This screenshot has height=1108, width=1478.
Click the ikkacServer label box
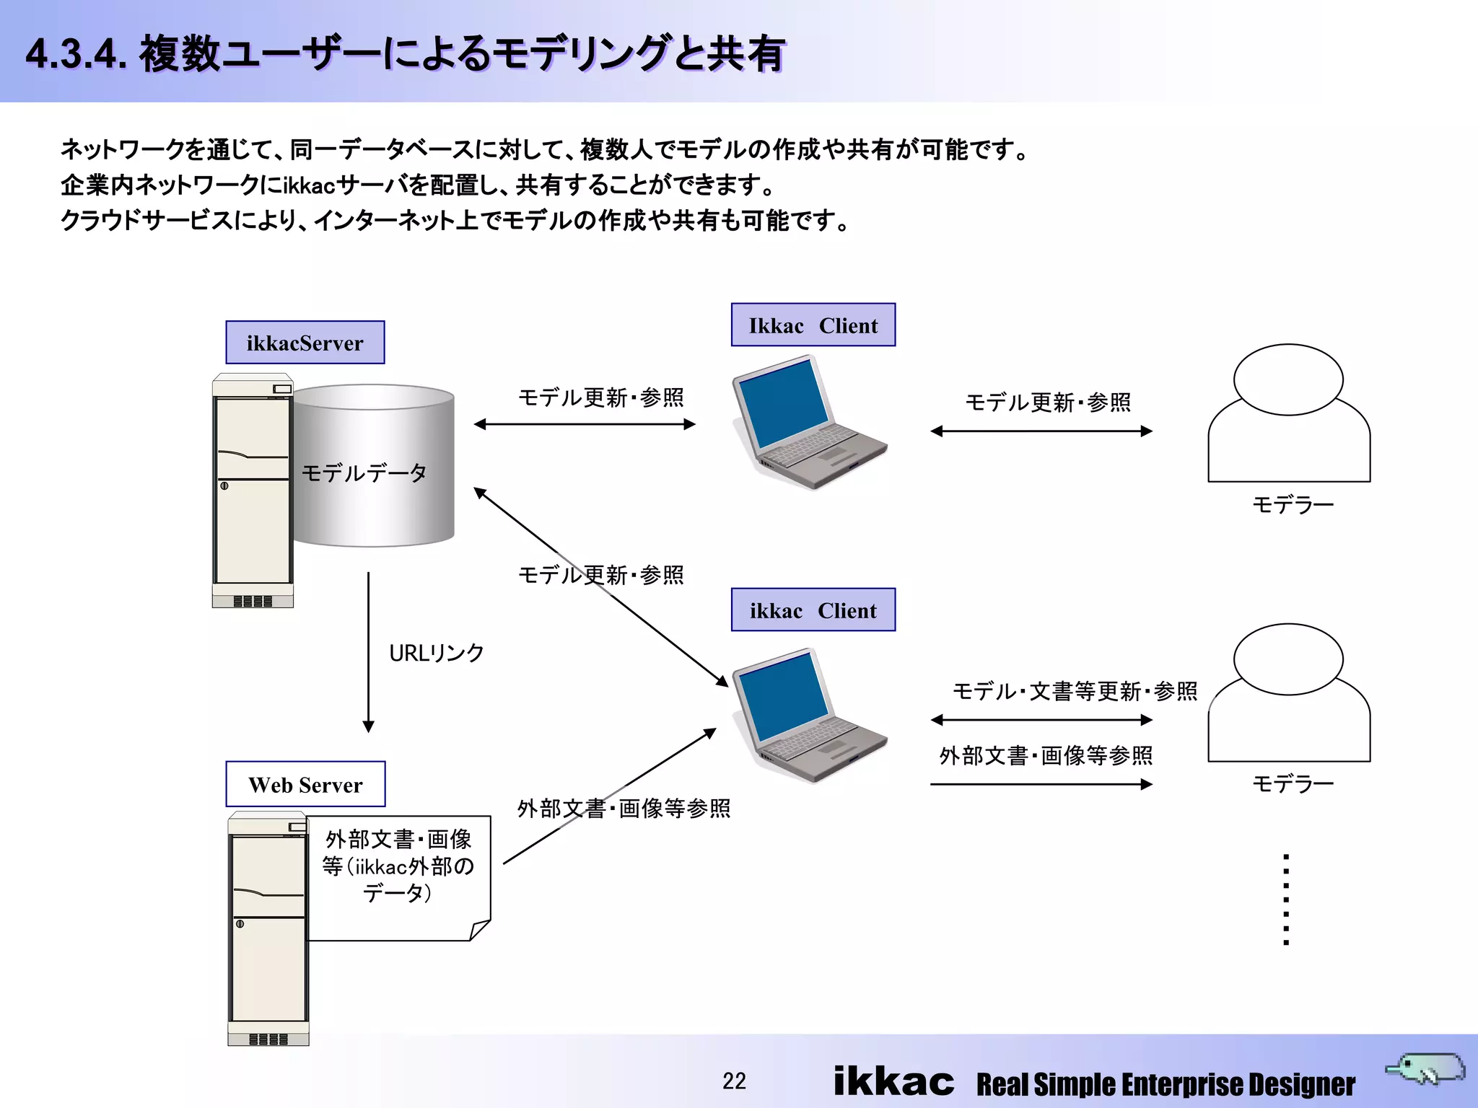pos(305,343)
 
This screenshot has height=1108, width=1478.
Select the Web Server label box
pos(305,784)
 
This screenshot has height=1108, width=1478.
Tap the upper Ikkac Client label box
pos(813,325)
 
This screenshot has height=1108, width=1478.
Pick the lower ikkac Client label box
pos(813,610)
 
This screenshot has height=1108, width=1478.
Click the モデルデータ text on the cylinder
pos(364,473)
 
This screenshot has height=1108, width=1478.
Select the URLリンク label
pos(437,653)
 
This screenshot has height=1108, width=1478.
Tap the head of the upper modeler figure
pos(1288,379)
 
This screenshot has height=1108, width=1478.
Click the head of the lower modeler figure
pos(1288,659)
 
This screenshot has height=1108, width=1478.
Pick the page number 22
pos(734,1081)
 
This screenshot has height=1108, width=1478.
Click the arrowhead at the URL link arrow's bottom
pos(368,726)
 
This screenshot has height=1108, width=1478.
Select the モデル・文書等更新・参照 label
pos(1075,691)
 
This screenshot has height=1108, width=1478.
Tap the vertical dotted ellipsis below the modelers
pos(1286,900)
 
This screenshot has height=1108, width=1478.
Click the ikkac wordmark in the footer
pos(893,1081)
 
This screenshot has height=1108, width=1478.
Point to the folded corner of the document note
pos(480,930)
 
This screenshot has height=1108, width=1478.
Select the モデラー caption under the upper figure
pos(1293,504)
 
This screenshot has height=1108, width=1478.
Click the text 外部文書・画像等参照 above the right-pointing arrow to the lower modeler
pos(1046,755)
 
